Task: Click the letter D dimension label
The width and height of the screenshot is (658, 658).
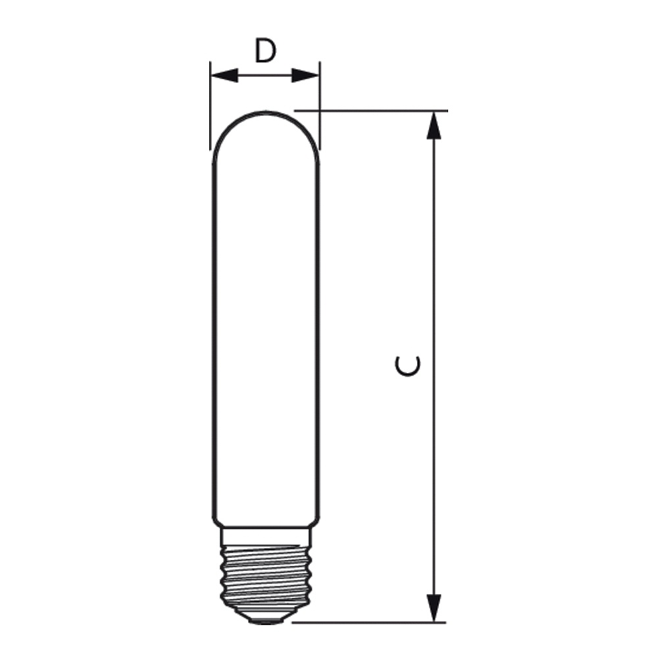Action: coord(265,51)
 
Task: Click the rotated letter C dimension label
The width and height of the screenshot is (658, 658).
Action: coord(407,366)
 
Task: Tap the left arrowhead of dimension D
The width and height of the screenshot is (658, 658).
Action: coord(224,76)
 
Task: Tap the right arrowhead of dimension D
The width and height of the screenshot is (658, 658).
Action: coord(305,76)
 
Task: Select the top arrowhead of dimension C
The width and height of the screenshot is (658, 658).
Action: coord(434,125)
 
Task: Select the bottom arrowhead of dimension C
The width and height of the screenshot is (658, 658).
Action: coord(434,608)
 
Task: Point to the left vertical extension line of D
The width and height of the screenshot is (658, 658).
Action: coord(211,105)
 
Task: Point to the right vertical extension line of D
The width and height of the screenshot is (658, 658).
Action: coord(320,105)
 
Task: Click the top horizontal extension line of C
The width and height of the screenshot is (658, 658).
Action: coord(371,111)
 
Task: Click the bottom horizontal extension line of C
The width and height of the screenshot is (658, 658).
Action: coord(369,622)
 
